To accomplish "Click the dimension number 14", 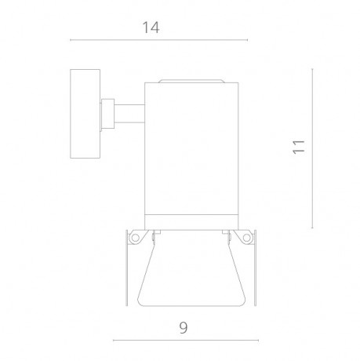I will (152, 27).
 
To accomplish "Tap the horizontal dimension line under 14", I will (157, 41).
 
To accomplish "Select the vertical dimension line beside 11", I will (313, 147).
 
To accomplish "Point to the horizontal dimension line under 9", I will (186, 339).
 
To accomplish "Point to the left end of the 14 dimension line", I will (71, 41).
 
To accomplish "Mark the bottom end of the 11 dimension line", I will (313, 227).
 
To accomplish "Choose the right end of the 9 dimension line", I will (260, 339).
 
